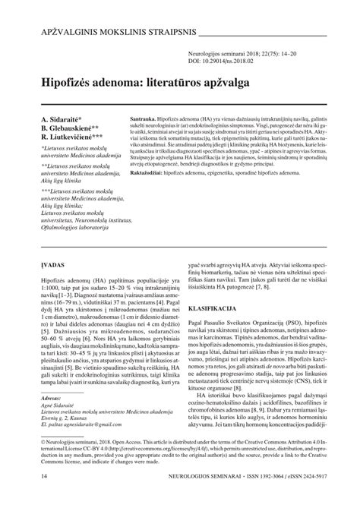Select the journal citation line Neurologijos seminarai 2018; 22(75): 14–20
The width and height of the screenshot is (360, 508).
pos(249,55)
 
